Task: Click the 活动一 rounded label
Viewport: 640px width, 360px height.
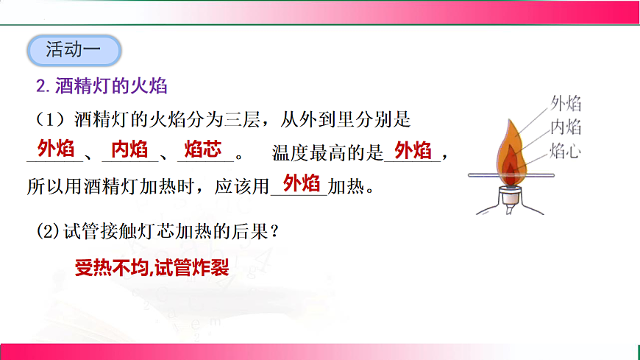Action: pyautogui.click(x=73, y=50)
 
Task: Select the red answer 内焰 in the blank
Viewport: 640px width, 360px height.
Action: pyautogui.click(x=129, y=150)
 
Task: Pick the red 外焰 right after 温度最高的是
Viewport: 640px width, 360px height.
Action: pyautogui.click(x=413, y=151)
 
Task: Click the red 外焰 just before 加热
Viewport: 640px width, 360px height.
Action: pyautogui.click(x=301, y=183)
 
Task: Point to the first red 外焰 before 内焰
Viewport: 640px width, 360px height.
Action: pyautogui.click(x=56, y=150)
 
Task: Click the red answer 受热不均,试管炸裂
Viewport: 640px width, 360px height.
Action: pyautogui.click(x=152, y=268)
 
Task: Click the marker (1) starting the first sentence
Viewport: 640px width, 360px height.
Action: pyautogui.click(x=46, y=119)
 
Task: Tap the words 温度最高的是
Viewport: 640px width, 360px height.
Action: pyautogui.click(x=328, y=154)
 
